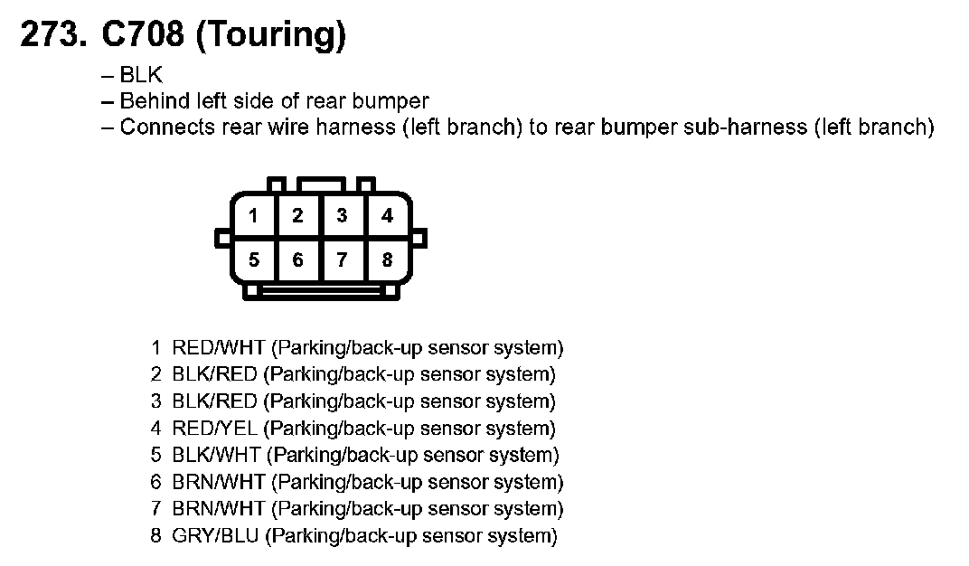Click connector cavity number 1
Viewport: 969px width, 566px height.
254,216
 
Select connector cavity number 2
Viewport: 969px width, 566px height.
297,216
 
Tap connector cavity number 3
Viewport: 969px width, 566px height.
342,216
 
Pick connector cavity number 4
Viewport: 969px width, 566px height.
387,216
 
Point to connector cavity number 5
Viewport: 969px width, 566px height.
254,260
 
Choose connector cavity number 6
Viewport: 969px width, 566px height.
297,260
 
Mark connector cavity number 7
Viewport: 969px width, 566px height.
342,260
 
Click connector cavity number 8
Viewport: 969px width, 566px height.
387,260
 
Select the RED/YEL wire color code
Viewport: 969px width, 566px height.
215,429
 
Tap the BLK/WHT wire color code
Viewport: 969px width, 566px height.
217,455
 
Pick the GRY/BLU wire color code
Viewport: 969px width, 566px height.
216,536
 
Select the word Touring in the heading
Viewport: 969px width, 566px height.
270,36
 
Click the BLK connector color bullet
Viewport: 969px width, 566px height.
141,76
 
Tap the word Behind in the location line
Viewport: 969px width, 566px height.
155,101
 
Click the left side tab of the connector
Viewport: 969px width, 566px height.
221,239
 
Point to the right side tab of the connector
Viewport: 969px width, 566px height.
420,239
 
